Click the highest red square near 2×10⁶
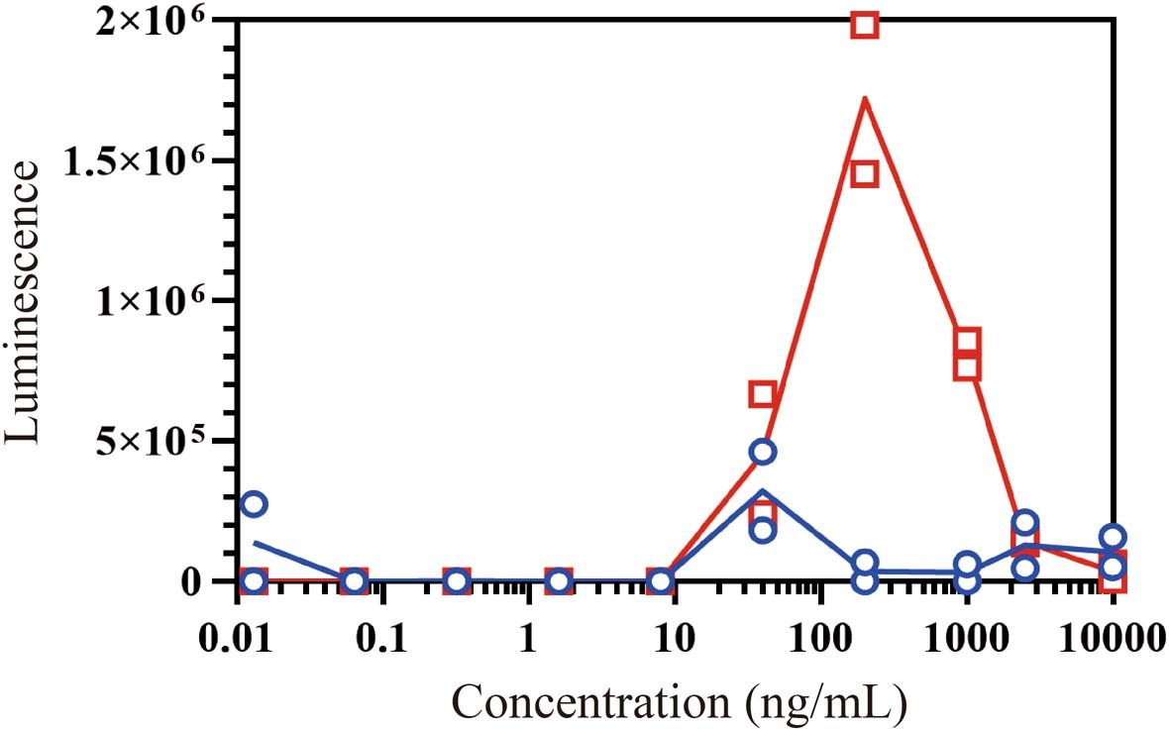click(x=865, y=25)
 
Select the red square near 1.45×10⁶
click(x=865, y=174)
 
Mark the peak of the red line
click(x=865, y=98)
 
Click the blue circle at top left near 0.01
click(x=255, y=503)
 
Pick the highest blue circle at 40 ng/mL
click(x=762, y=452)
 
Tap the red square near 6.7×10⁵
click(x=762, y=394)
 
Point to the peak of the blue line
click(x=762, y=491)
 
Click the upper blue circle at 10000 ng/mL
click(x=1114, y=537)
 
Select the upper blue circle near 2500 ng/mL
click(x=1025, y=522)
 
